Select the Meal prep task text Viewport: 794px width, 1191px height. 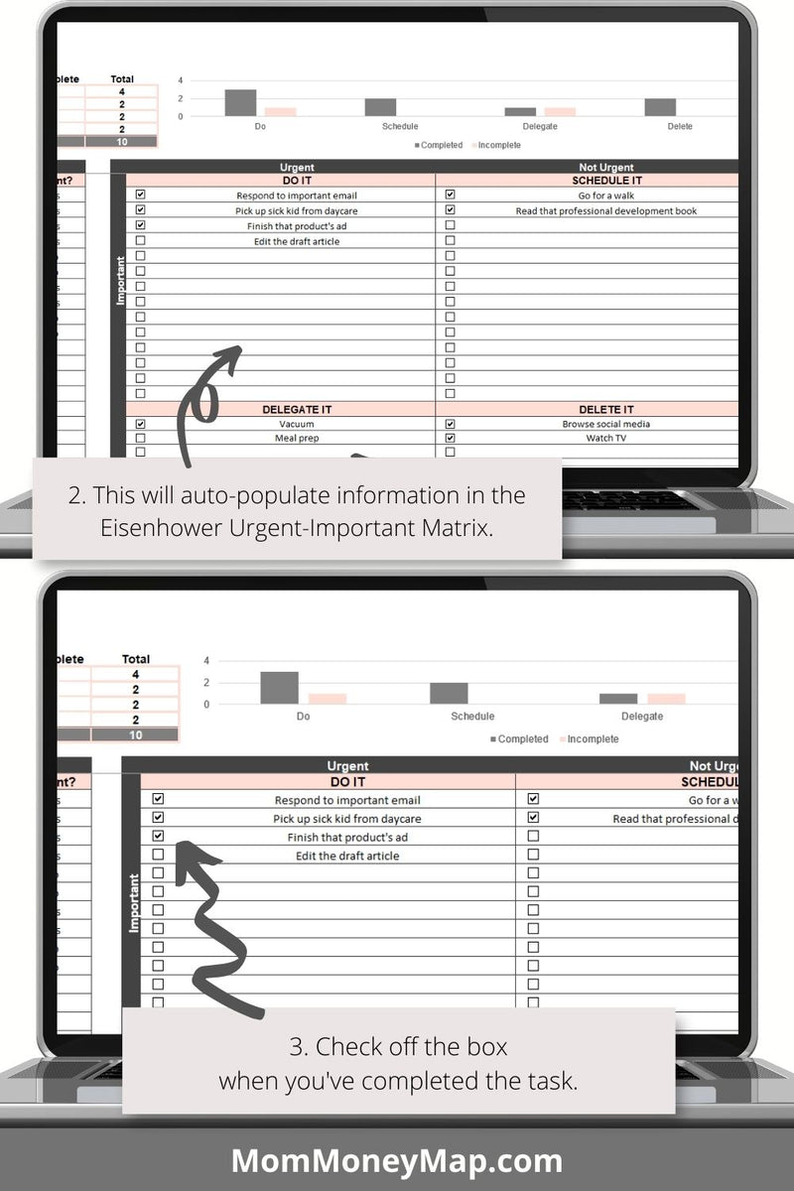coord(296,438)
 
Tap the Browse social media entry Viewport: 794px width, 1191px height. coord(606,424)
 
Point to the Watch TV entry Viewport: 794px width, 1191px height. coord(605,438)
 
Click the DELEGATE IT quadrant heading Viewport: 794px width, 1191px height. coord(296,409)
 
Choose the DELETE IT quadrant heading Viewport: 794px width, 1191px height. coord(606,409)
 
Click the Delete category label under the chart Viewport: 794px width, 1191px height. coord(680,127)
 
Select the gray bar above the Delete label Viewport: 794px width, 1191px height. coord(660,107)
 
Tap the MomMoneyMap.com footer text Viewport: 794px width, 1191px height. coord(397,1160)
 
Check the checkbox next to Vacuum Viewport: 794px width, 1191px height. coord(140,424)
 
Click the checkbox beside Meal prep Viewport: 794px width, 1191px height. coord(140,438)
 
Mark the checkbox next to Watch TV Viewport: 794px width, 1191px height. coord(450,438)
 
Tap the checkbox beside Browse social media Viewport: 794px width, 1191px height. coord(450,424)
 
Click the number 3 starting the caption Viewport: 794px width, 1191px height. coord(296,1046)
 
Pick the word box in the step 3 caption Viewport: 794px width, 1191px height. coord(485,1046)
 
